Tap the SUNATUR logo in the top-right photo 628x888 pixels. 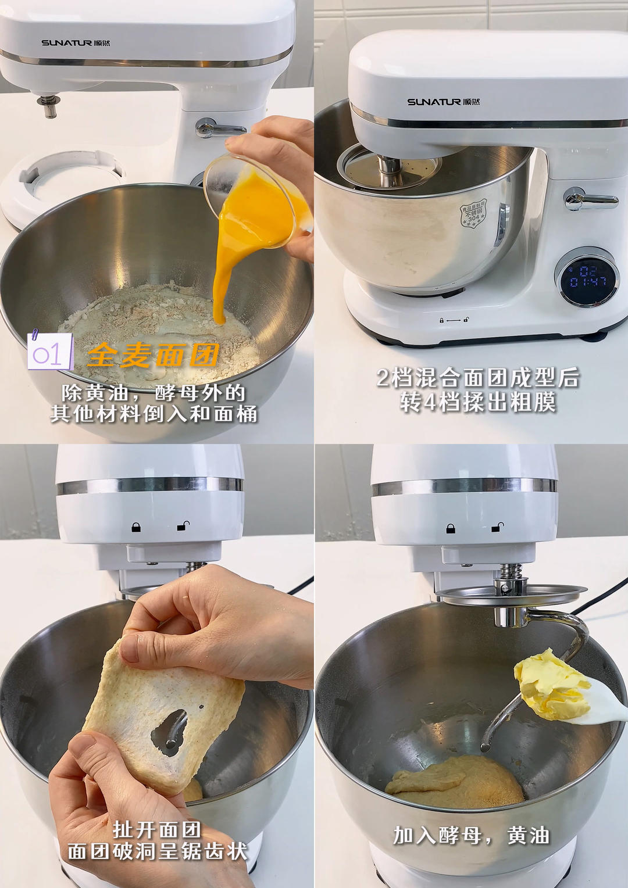tap(442, 102)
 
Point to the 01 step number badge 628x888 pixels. tap(49, 352)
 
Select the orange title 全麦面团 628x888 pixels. tap(153, 355)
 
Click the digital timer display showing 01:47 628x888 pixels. tap(587, 277)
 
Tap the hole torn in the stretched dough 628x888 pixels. tap(169, 733)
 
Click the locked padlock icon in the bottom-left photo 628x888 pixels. tap(136, 527)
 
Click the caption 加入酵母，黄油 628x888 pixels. tap(471, 836)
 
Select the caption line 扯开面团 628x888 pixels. tap(157, 829)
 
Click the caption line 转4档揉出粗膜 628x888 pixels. tap(478, 402)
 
